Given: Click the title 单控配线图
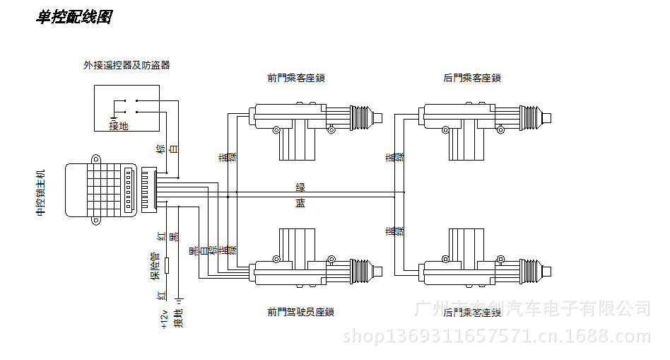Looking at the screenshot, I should click(x=74, y=18).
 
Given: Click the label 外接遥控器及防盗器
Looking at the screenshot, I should click(x=127, y=65).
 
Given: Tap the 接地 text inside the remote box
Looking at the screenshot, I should click(x=118, y=126).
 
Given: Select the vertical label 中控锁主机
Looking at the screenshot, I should click(x=41, y=192).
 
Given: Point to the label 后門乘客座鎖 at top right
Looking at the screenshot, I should click(x=471, y=78).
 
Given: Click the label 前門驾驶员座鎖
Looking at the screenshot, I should click(x=300, y=311).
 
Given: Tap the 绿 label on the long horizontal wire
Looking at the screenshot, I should click(x=300, y=187).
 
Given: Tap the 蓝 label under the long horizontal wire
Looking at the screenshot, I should click(x=300, y=204).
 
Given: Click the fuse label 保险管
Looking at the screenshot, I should click(x=155, y=266).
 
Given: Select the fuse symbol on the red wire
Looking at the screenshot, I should click(x=167, y=266).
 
